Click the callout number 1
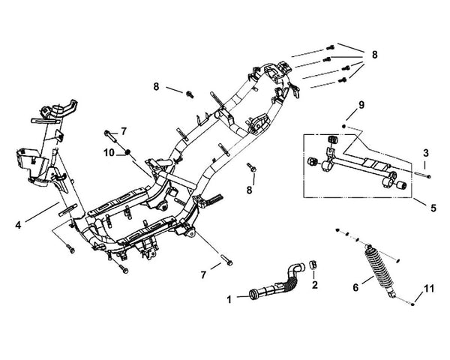click(229, 298)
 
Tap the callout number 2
click(315, 284)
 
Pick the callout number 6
click(355, 286)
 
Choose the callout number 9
click(361, 105)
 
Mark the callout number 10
click(109, 153)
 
